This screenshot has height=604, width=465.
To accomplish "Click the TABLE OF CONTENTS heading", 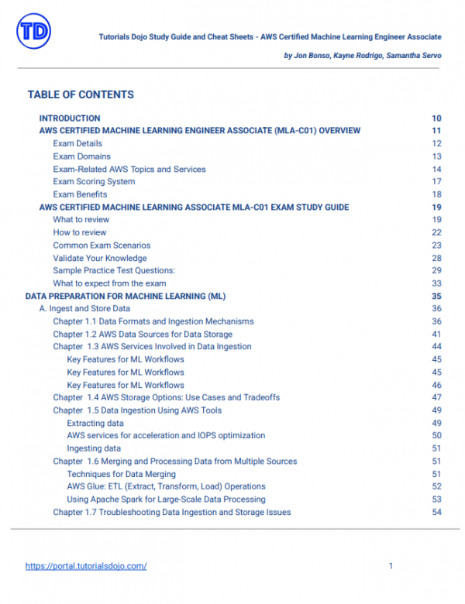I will click(x=81, y=94).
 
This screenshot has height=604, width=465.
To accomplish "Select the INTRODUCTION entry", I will click(x=70, y=118).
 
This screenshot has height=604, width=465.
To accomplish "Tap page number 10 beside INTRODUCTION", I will click(x=436, y=118).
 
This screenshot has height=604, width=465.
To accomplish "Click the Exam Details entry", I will click(x=77, y=143).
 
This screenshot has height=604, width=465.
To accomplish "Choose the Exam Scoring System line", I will click(x=94, y=181).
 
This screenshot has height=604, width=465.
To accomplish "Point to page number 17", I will click(x=436, y=181).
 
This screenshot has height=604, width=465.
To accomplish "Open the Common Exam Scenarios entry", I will click(x=102, y=245).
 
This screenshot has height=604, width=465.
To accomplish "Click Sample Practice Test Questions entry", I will click(x=114, y=270).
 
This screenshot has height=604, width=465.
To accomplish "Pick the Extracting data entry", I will click(x=95, y=423).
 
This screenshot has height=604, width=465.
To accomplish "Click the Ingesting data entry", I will click(x=94, y=448).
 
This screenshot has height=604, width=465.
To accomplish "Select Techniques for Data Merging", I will click(x=121, y=474).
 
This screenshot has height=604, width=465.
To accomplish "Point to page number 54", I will click(x=436, y=512).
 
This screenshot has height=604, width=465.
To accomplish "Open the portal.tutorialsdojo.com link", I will click(x=86, y=566).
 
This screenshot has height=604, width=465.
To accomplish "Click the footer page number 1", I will click(x=391, y=566).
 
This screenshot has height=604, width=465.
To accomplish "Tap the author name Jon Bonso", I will click(x=313, y=57).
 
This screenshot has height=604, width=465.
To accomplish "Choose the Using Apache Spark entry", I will click(x=166, y=499).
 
